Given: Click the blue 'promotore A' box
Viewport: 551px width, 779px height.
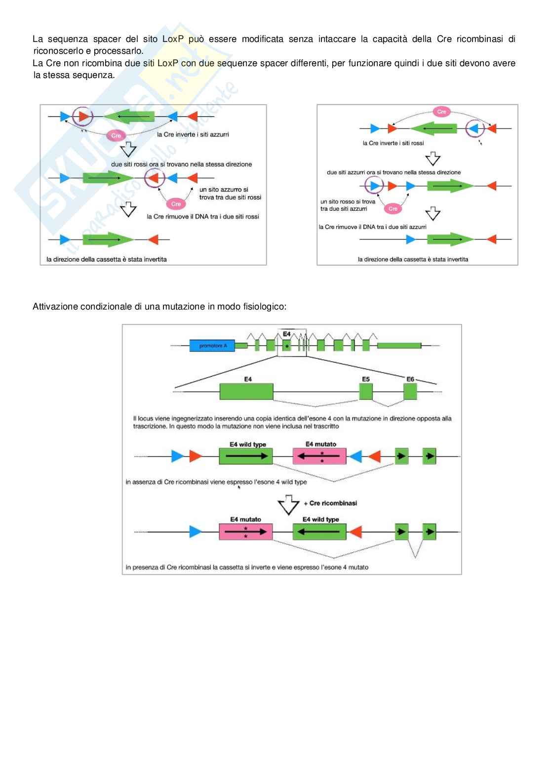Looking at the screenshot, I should point(213,346).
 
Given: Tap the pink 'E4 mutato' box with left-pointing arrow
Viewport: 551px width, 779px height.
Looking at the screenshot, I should point(319,457).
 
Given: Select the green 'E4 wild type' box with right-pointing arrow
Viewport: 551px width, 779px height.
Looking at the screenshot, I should point(246,457).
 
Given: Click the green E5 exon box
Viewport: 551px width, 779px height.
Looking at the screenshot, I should point(366,391).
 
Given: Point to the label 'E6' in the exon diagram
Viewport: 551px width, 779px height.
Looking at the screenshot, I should point(410,379).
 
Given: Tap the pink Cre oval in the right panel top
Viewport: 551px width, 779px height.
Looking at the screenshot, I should point(441,112).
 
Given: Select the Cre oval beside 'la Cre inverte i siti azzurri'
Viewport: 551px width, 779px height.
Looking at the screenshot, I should point(116,135).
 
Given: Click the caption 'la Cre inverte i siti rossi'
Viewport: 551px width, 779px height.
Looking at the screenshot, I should point(393,143).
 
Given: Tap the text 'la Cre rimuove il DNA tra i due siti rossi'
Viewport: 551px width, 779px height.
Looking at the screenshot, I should point(203,217).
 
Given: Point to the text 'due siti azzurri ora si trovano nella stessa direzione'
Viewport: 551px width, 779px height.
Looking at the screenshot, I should point(394,172).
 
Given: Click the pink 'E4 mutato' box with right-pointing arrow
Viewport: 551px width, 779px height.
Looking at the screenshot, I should point(245,532).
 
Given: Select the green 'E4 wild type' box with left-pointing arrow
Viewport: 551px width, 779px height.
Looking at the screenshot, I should point(319,532).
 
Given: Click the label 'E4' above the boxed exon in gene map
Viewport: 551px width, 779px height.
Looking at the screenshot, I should point(286,334).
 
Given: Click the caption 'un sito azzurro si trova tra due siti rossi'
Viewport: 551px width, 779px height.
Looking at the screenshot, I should point(230,194).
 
